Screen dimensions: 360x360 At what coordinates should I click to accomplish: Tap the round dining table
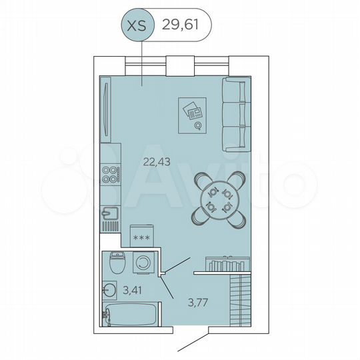tap(220, 199)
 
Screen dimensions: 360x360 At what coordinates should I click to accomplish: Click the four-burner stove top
tap(111, 175)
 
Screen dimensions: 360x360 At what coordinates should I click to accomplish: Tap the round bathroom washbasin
tap(109, 290)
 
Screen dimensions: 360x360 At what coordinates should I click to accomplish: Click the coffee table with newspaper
tap(192, 115)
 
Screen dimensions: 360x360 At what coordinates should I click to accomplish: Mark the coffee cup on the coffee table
tap(197, 125)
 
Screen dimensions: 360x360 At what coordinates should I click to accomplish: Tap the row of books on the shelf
tap(221, 265)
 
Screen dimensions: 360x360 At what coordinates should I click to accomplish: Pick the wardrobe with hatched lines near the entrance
tap(238, 300)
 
